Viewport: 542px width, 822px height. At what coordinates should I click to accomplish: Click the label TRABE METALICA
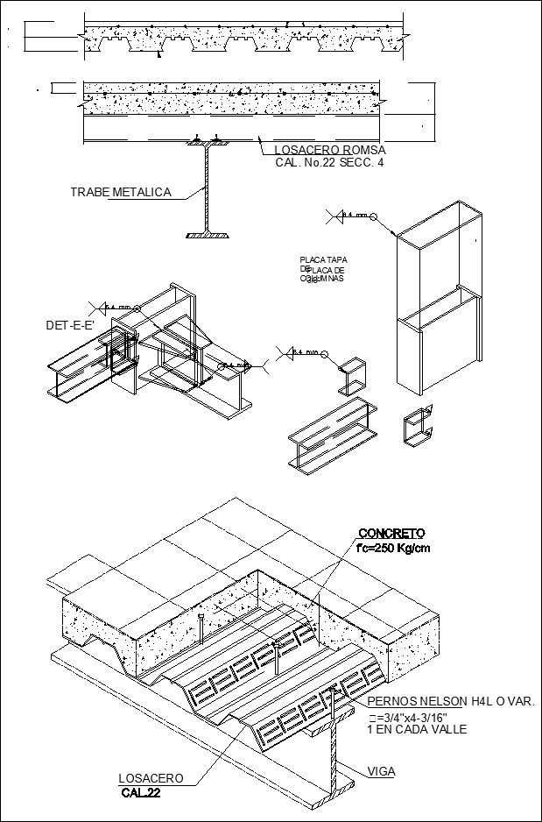pyautogui.click(x=121, y=193)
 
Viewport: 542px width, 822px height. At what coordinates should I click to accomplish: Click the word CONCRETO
pyautogui.click(x=391, y=534)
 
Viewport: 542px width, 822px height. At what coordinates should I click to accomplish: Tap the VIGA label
pyautogui.click(x=381, y=771)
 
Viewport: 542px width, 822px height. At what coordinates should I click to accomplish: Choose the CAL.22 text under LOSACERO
pyautogui.click(x=141, y=793)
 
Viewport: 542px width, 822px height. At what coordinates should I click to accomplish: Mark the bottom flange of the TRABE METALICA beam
pyautogui.click(x=208, y=235)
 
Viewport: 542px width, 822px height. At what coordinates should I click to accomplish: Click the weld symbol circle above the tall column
pyautogui.click(x=372, y=216)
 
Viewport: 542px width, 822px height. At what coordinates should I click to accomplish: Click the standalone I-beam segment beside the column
pyautogui.click(x=333, y=434)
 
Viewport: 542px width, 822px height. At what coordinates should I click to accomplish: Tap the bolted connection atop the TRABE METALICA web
pyautogui.click(x=208, y=140)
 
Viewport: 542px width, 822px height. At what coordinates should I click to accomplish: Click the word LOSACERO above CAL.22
pyautogui.click(x=151, y=778)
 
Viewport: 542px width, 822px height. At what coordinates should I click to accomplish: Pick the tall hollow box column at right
pyautogui.click(x=438, y=298)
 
